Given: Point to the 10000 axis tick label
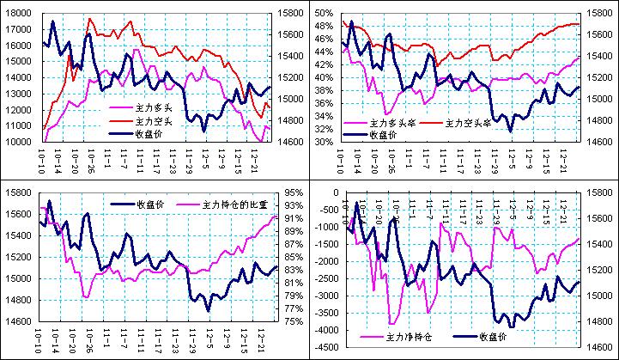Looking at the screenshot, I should [x=18, y=142].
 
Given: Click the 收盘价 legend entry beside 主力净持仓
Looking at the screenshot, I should [x=497, y=337].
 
